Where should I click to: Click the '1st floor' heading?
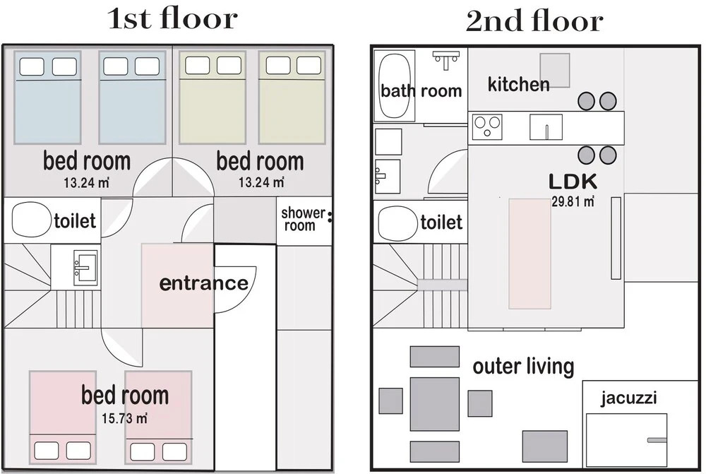(x=172, y=19)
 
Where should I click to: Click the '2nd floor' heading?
(x=534, y=20)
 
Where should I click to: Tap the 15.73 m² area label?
(x=124, y=419)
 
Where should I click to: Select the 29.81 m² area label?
(x=573, y=201)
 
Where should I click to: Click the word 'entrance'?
(x=204, y=283)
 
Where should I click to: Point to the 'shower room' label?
(x=303, y=219)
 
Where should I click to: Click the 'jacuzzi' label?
(x=628, y=398)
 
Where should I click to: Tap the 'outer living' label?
(x=523, y=367)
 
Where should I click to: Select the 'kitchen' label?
(x=519, y=84)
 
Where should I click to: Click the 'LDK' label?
(x=573, y=182)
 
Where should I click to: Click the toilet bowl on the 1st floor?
(x=30, y=220)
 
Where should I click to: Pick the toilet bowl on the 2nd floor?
(x=397, y=223)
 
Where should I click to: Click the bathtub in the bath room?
(x=395, y=85)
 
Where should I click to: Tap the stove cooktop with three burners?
(x=487, y=126)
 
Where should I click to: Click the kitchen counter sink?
(x=546, y=127)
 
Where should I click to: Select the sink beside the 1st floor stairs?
(x=85, y=268)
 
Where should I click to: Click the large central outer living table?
(x=434, y=405)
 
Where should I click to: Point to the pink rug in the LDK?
(x=529, y=254)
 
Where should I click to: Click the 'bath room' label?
(x=421, y=91)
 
